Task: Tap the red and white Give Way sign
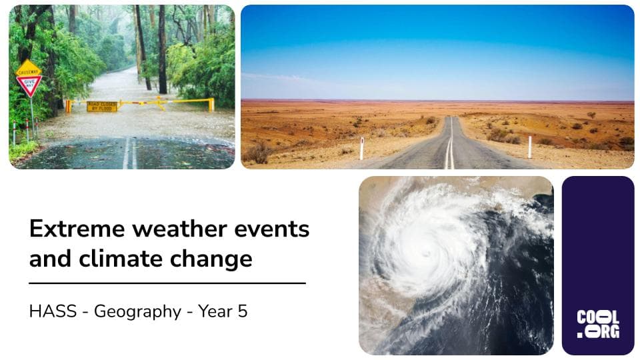pos(29,84)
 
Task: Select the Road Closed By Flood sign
pos(101,106)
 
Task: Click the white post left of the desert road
pos(362,148)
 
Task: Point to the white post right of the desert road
pos(530,147)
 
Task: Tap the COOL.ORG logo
pos(597,324)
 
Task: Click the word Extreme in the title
pos(75,229)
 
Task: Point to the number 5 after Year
pos(243,311)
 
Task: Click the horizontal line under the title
pos(167,283)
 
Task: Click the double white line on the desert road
pos(450,150)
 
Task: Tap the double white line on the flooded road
pos(129,155)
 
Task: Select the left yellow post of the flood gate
pos(68,106)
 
